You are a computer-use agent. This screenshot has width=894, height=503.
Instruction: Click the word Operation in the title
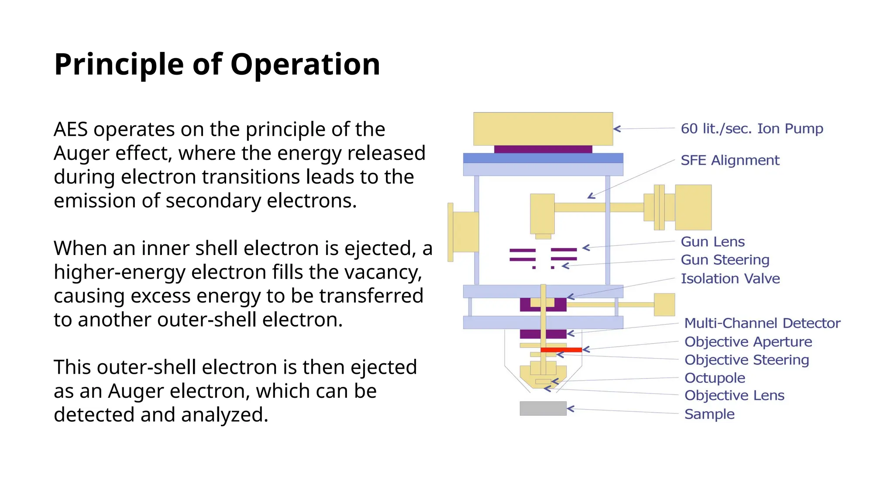305,65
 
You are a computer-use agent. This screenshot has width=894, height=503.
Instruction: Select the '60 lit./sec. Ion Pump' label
752,129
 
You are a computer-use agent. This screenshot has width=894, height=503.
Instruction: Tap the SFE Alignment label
730,160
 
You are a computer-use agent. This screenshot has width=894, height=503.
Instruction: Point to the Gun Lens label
712,241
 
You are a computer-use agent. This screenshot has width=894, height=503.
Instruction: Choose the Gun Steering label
725,260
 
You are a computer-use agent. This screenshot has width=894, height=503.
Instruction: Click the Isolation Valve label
730,279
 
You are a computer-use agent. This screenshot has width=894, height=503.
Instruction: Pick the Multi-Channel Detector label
762,323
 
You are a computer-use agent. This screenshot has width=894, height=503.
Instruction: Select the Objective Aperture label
748,341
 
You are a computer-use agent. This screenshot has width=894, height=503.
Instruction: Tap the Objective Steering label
746,360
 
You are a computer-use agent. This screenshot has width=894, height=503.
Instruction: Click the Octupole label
715,378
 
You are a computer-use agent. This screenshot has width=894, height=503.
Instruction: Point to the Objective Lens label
734,396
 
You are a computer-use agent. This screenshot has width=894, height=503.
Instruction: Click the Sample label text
709,414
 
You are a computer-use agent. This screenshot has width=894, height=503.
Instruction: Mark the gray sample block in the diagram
543,409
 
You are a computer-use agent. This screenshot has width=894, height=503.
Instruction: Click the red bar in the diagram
561,350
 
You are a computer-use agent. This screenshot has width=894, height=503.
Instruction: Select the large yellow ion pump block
543,129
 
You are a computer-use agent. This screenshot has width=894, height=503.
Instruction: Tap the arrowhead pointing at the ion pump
617,129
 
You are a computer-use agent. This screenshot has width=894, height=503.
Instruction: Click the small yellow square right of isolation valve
664,305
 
